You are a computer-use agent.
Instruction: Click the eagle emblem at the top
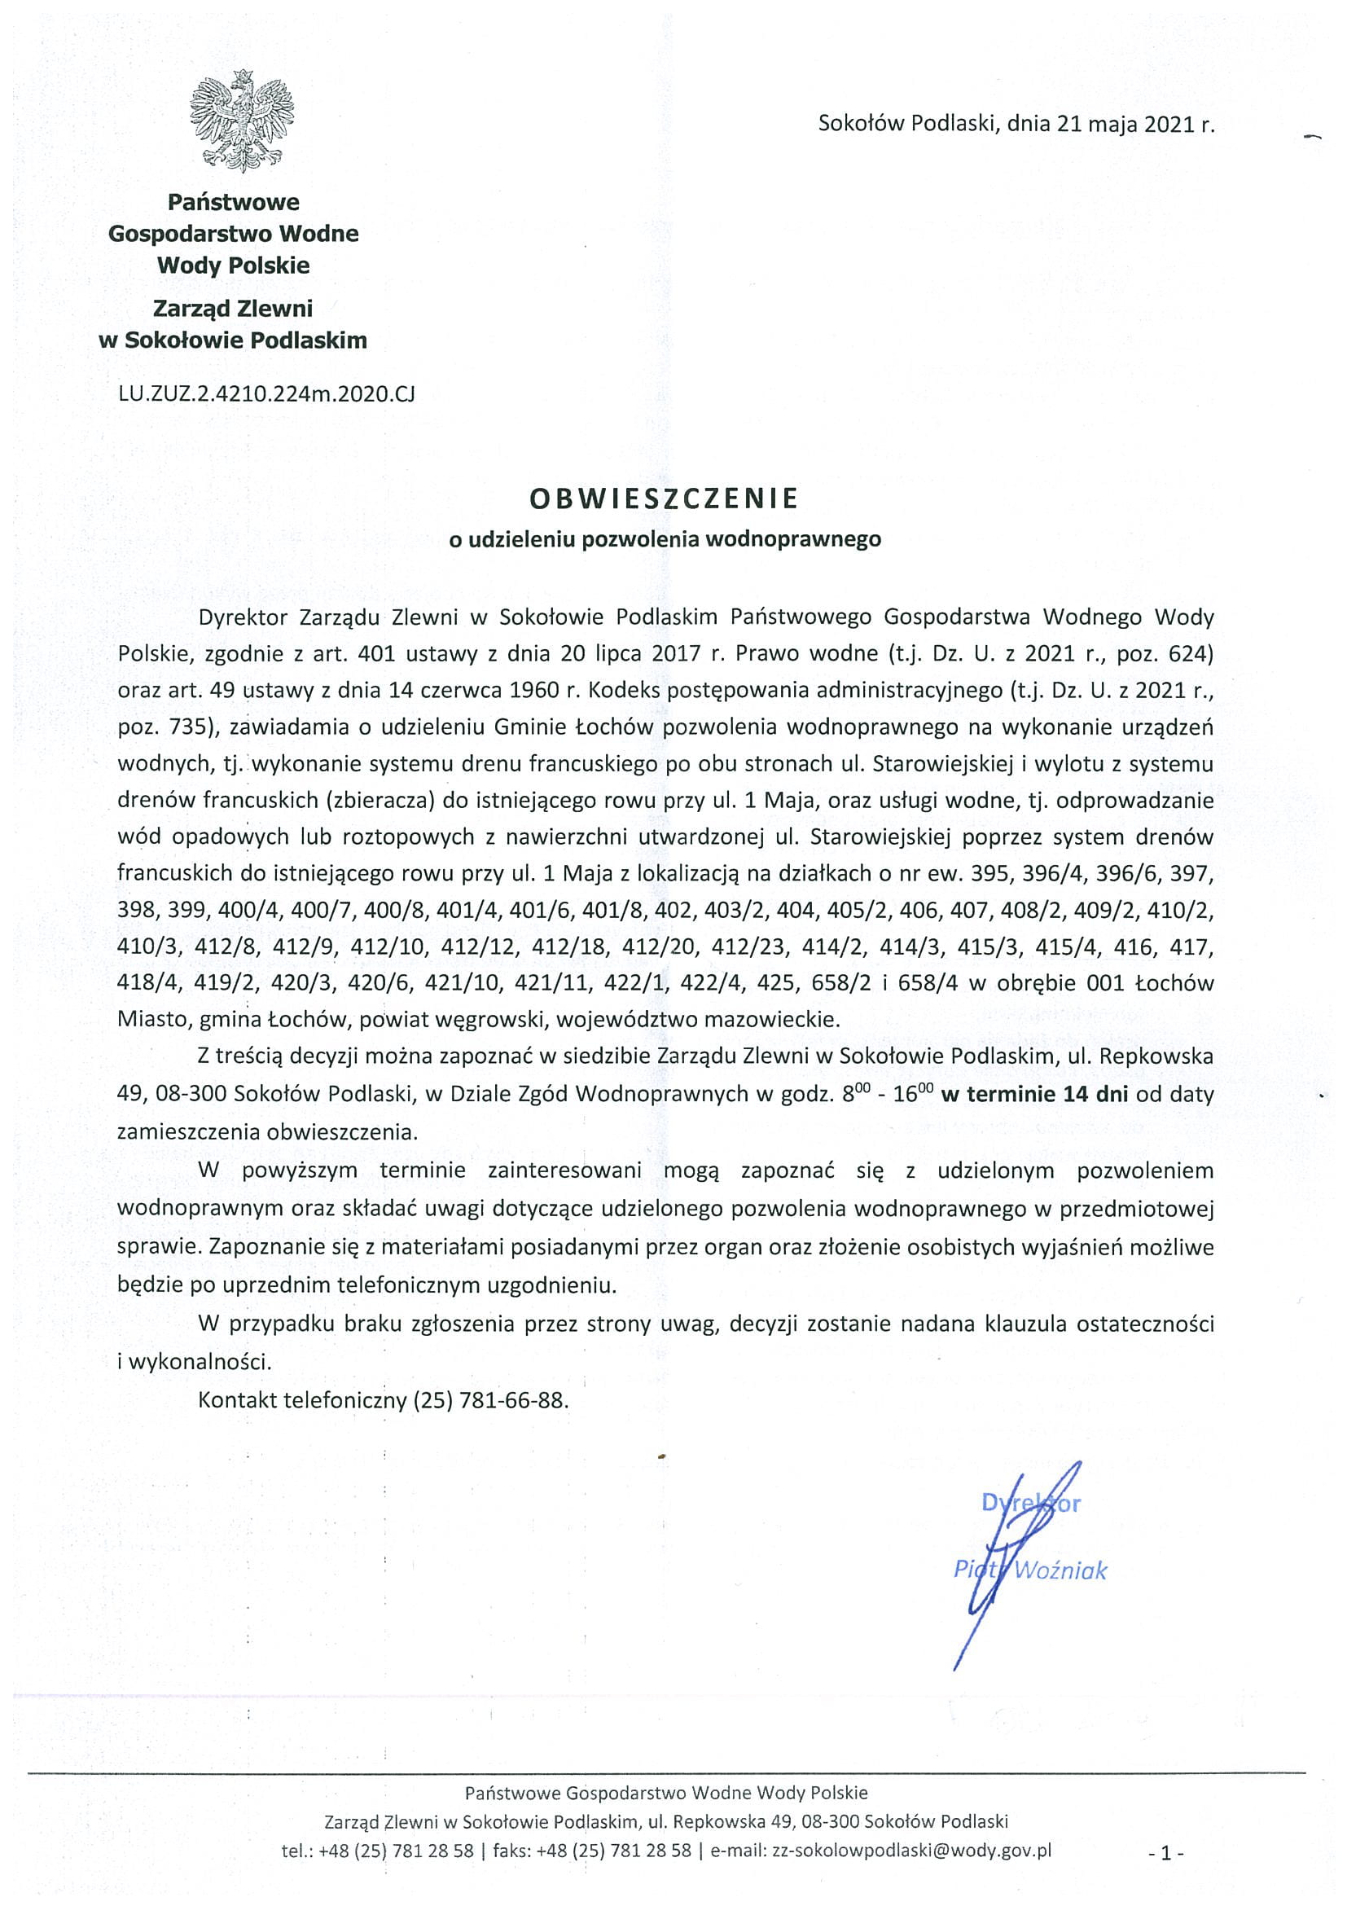[241, 121]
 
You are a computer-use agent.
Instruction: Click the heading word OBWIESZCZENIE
[664, 498]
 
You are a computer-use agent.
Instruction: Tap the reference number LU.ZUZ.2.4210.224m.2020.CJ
[265, 393]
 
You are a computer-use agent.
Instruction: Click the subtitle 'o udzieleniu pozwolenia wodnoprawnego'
[664, 539]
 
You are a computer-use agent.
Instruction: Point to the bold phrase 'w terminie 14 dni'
[1034, 1094]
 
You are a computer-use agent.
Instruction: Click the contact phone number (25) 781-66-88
[489, 1400]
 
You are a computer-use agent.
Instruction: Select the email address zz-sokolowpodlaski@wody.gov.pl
[911, 1851]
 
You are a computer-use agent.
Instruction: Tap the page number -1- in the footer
[1166, 1853]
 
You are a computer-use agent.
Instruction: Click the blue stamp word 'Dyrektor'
[1030, 1503]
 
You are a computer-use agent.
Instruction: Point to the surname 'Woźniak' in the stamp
[1060, 1570]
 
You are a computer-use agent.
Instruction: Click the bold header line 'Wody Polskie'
[233, 266]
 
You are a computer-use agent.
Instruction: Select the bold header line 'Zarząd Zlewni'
[233, 309]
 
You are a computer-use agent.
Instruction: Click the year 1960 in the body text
[533, 691]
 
